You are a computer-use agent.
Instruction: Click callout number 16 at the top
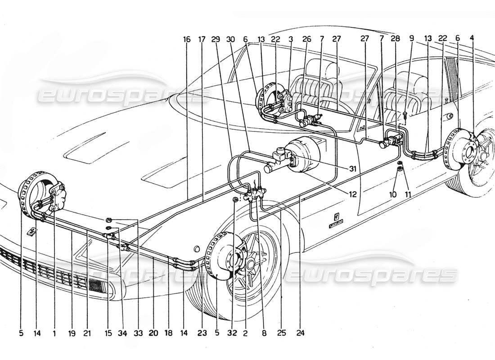pos(187,40)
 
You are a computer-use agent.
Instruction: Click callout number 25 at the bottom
pos(281,334)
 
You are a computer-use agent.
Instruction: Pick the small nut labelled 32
pos(235,199)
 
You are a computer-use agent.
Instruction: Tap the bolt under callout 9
pos(405,114)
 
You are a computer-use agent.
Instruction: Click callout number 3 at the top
pos(291,40)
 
